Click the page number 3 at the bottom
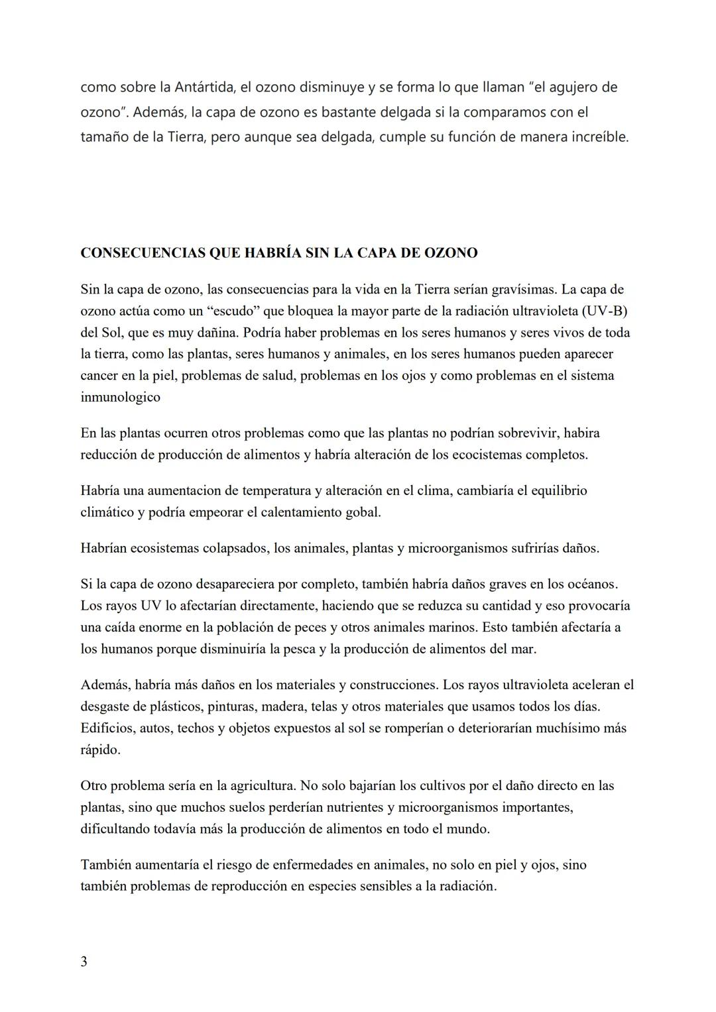click(x=84, y=962)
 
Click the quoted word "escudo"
click(x=223, y=311)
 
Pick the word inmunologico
click(x=120, y=397)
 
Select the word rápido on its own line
click(x=100, y=750)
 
